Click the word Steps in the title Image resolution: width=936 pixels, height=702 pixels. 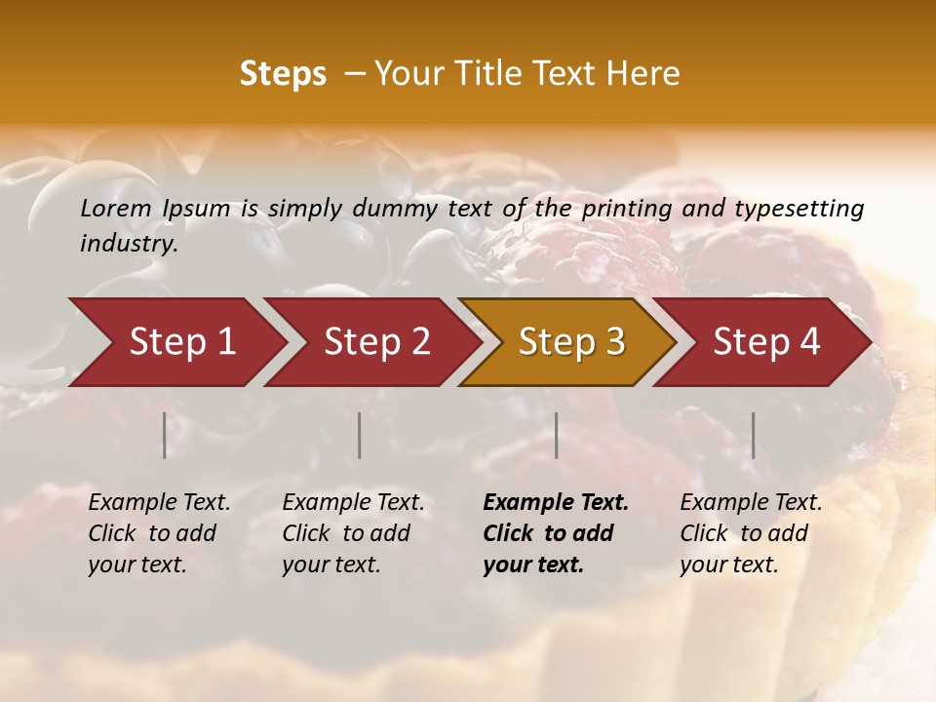283,74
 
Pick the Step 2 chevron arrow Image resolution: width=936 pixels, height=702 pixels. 376,342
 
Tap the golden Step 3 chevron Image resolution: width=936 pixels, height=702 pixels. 571,342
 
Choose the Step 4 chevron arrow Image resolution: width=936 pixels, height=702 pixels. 766,342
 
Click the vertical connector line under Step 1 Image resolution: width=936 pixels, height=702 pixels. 165,435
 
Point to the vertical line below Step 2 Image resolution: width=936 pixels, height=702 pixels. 360,435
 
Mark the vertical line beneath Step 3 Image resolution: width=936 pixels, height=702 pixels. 557,435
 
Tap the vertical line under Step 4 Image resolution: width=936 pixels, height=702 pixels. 753,435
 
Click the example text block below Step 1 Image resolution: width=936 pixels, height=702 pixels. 159,533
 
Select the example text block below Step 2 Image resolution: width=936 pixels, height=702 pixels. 353,533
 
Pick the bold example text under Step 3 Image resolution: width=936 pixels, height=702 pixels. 556,533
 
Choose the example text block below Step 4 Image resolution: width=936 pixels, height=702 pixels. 751,533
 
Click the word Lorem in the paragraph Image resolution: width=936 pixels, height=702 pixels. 116,208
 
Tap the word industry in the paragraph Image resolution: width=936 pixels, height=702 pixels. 129,243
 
